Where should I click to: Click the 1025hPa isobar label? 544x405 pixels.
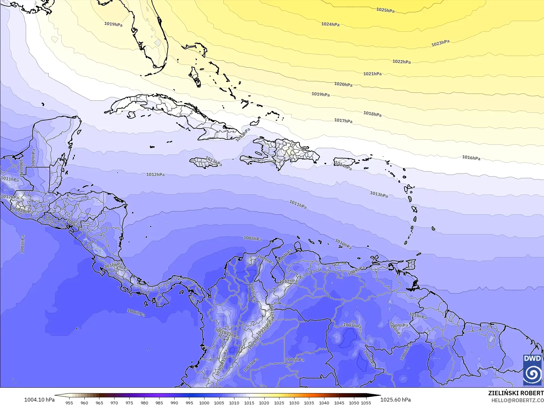[x=385, y=10]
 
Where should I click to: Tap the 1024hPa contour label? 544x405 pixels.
[x=330, y=24]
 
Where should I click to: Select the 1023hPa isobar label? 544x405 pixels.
[x=440, y=43]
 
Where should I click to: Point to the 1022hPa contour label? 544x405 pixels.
[x=401, y=62]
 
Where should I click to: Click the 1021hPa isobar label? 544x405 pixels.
[x=372, y=74]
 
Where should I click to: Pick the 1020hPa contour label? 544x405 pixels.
[x=343, y=84]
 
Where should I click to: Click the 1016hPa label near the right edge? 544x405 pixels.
[x=471, y=158]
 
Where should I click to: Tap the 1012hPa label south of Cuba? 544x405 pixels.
[x=155, y=174]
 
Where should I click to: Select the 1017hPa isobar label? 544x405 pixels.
[x=343, y=121]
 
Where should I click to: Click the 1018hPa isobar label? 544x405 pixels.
[x=372, y=114]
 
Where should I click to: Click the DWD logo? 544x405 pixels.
[x=532, y=370]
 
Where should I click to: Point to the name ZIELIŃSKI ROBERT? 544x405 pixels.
[x=516, y=393]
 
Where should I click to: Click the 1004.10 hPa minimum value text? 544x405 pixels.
[x=39, y=400]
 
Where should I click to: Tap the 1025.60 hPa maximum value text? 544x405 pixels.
[x=395, y=400]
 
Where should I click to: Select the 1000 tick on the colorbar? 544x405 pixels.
[x=204, y=402]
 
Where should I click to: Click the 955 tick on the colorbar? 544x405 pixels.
[x=69, y=402]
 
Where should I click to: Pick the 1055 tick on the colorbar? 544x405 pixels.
[x=366, y=402]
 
